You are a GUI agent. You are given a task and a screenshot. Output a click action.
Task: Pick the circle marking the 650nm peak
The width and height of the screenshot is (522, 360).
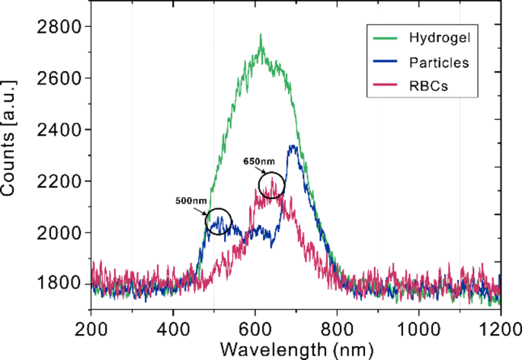[x=272, y=185]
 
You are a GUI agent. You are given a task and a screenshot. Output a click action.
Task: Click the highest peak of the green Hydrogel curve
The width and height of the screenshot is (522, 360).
[x=261, y=35]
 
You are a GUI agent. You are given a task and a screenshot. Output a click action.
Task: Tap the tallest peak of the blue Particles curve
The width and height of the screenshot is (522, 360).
[x=293, y=146]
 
